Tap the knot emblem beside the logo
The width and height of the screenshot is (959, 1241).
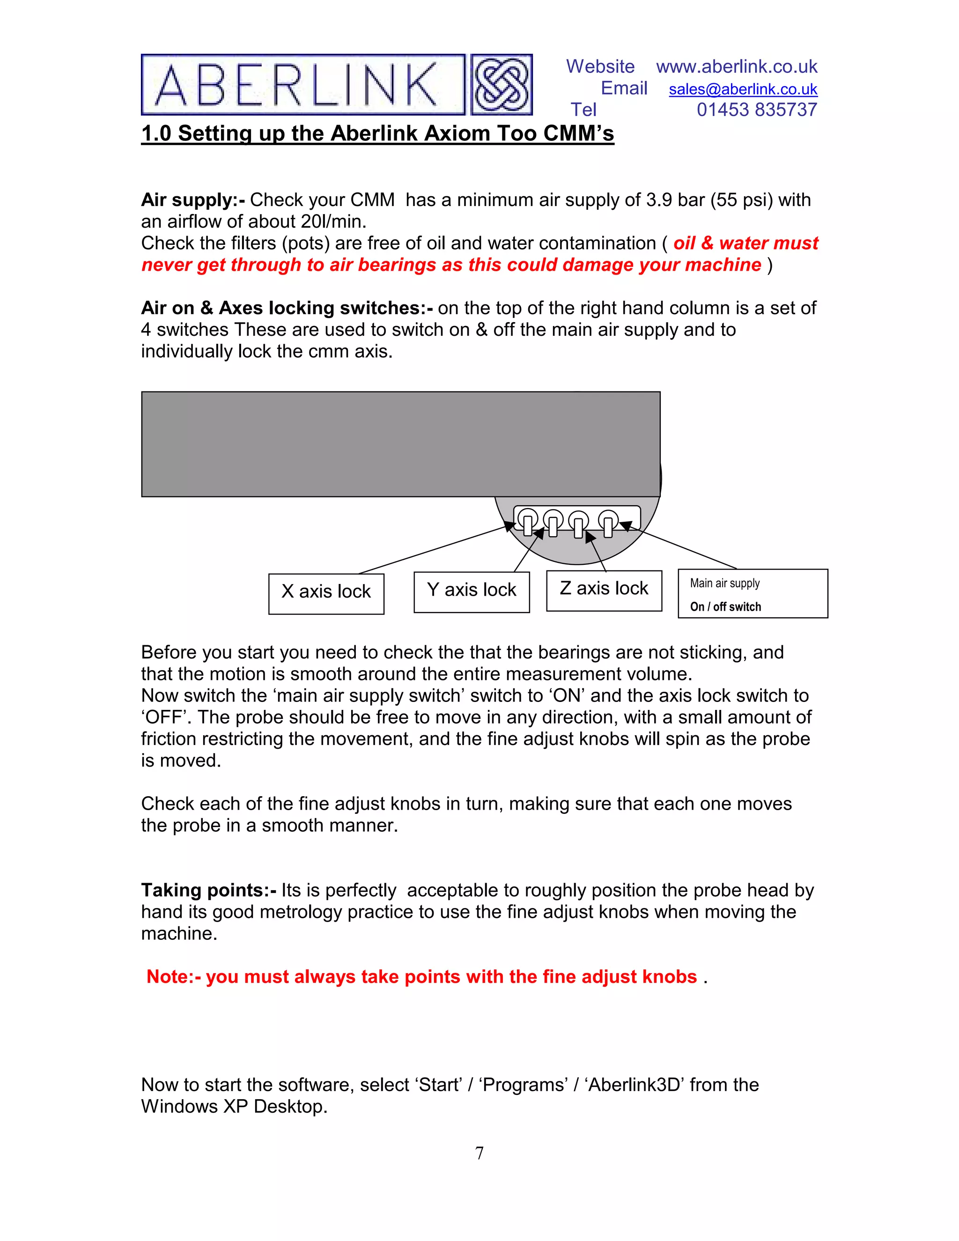tap(501, 85)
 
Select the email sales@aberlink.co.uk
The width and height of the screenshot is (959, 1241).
tap(743, 89)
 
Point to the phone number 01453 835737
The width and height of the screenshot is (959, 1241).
tap(756, 110)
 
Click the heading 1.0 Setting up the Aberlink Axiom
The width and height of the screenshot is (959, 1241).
tap(377, 133)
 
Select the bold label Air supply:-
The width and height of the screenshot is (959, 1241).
tap(192, 200)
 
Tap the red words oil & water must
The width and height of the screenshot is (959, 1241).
tap(745, 243)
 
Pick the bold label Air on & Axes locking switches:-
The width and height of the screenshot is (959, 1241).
tap(287, 308)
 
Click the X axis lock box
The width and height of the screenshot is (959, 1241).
tap(326, 593)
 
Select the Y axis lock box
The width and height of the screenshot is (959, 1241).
tap(472, 591)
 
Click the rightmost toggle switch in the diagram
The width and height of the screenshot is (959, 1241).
tap(608, 523)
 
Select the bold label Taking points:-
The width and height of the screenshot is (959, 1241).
tap(208, 890)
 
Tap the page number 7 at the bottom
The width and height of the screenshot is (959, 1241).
tap(479, 1153)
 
